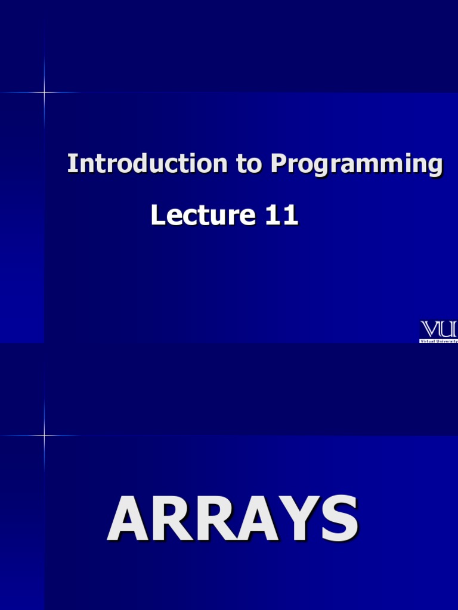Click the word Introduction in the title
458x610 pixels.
147,164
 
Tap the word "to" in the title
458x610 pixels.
249,164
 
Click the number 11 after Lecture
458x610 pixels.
281,215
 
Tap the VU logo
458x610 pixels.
439,329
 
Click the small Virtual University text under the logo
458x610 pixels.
439,341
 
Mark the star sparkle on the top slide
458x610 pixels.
44,92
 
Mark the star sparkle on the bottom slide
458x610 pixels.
44,435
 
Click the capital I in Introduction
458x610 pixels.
72,164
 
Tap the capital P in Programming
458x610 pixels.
279,164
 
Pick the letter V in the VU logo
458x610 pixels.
431,329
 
